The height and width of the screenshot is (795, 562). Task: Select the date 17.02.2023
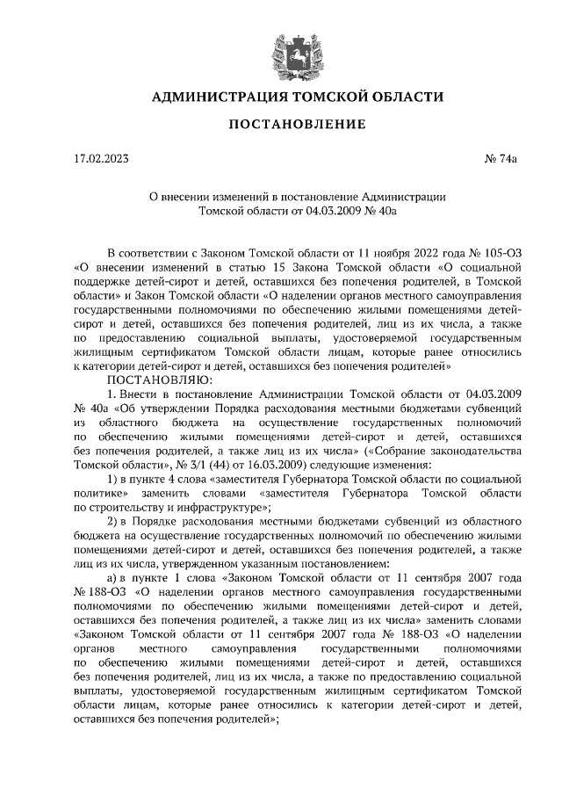tap(101, 159)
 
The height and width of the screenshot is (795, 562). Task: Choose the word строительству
tap(131, 507)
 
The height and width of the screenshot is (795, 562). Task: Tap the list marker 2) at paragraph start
tap(112, 521)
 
